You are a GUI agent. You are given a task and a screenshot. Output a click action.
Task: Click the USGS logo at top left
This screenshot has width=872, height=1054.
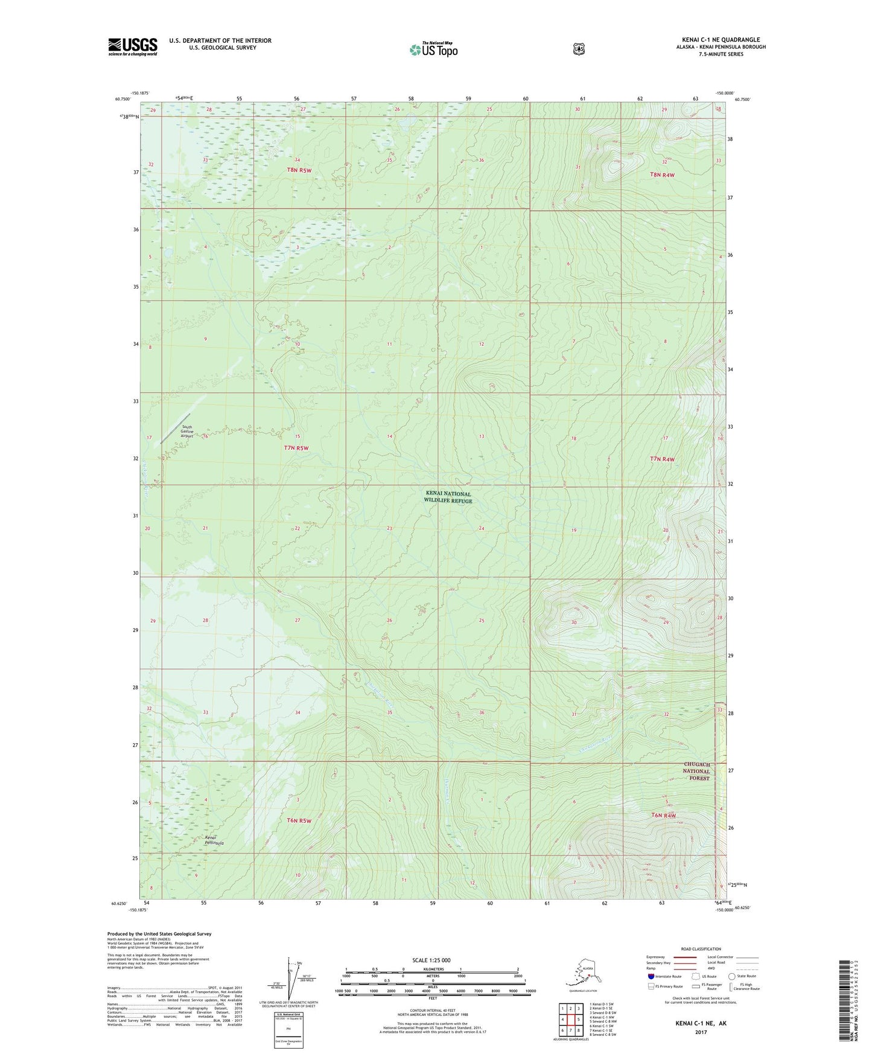(x=133, y=46)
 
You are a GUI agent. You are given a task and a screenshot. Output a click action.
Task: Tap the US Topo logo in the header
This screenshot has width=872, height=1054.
(x=433, y=50)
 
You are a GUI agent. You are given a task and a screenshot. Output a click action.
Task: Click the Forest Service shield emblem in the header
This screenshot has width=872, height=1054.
(x=579, y=48)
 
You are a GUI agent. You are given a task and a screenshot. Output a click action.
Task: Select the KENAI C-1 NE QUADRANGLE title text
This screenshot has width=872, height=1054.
(x=717, y=40)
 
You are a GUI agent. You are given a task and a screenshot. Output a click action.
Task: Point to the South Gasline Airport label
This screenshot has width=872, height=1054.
(x=186, y=431)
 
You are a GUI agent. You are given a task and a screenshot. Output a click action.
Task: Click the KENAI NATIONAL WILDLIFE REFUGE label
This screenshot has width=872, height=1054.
(x=447, y=497)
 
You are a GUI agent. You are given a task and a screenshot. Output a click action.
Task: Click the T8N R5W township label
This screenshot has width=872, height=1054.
(x=299, y=171)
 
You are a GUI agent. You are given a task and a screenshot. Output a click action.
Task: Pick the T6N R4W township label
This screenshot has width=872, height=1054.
(x=663, y=816)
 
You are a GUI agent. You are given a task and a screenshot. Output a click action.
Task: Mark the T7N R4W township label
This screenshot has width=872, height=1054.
(x=662, y=459)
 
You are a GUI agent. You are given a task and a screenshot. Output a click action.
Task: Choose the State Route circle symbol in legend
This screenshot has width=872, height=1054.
(x=731, y=976)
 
